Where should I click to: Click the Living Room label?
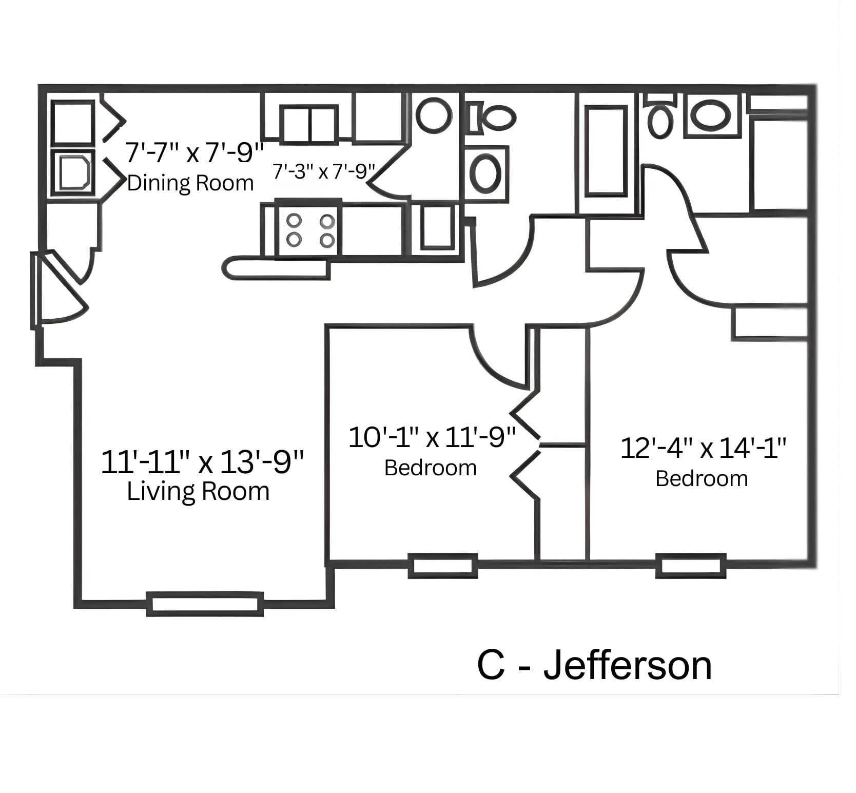point(198,491)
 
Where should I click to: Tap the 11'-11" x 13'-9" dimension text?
point(202,461)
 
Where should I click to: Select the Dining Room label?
point(190,183)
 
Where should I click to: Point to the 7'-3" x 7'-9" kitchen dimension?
point(324,171)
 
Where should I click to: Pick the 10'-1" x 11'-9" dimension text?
point(432,437)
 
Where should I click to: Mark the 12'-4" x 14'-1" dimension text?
point(703,448)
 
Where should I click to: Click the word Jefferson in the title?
point(627,666)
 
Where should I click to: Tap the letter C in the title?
point(491,666)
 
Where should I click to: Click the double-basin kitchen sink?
point(309,125)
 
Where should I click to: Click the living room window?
point(205,604)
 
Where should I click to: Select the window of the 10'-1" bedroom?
point(442,566)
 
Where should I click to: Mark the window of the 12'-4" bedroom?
point(690,566)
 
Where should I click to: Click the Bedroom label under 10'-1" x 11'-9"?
point(431,468)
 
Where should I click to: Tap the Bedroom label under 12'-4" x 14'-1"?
point(702,479)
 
